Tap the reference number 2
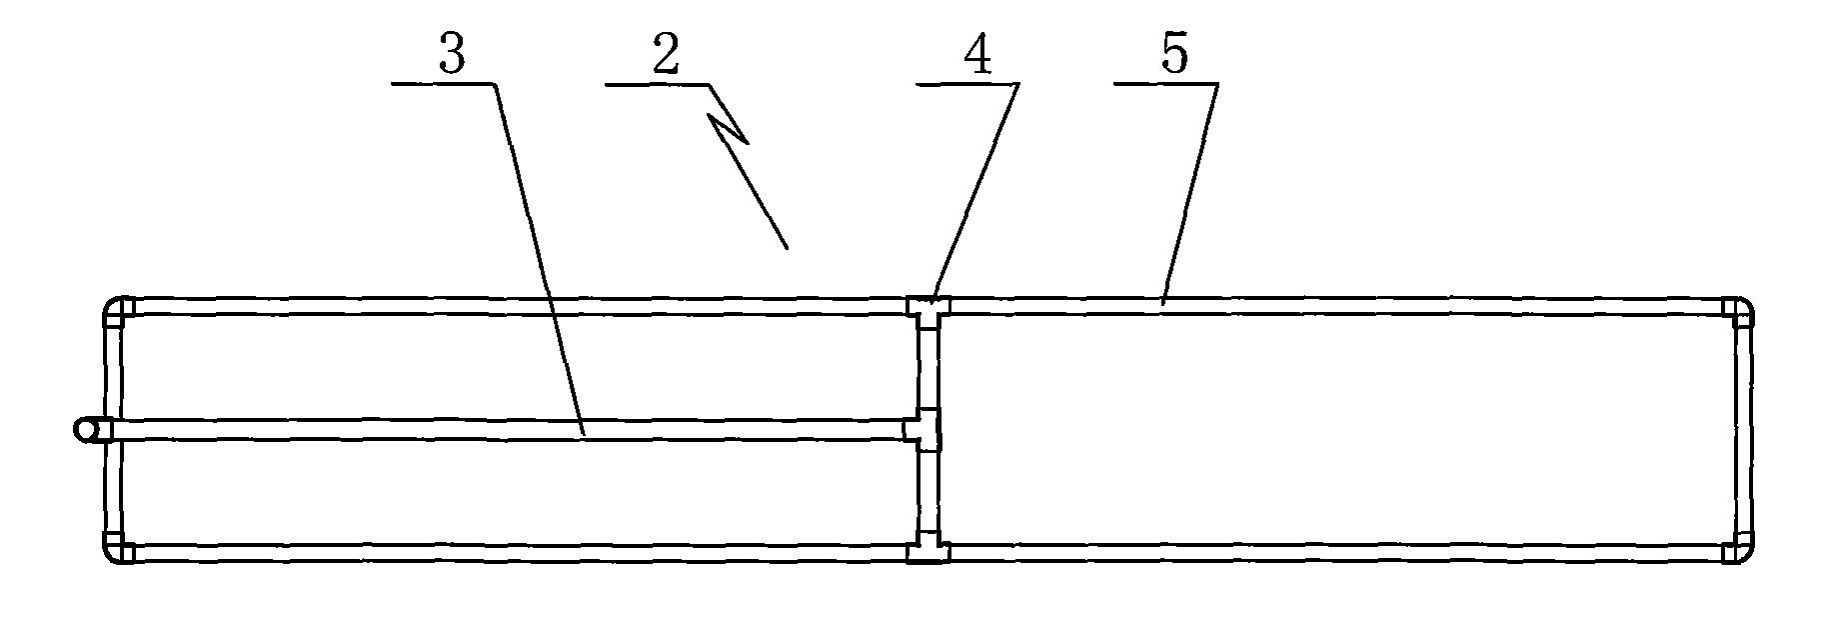click(665, 56)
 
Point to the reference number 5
click(1175, 56)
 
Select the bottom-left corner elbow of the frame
click(118, 551)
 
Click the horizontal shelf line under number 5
click(1165, 85)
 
